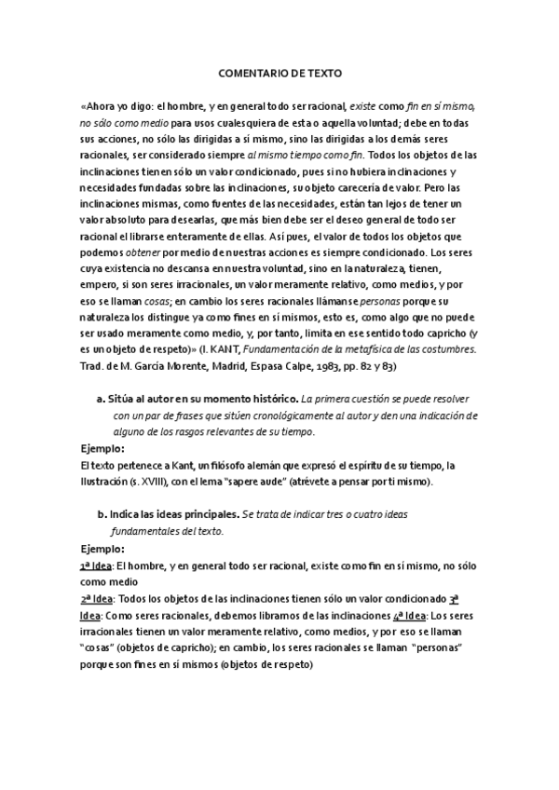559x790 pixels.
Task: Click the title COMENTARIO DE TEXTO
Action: (279, 71)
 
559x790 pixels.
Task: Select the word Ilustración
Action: (107, 483)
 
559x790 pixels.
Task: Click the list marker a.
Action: (99, 399)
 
